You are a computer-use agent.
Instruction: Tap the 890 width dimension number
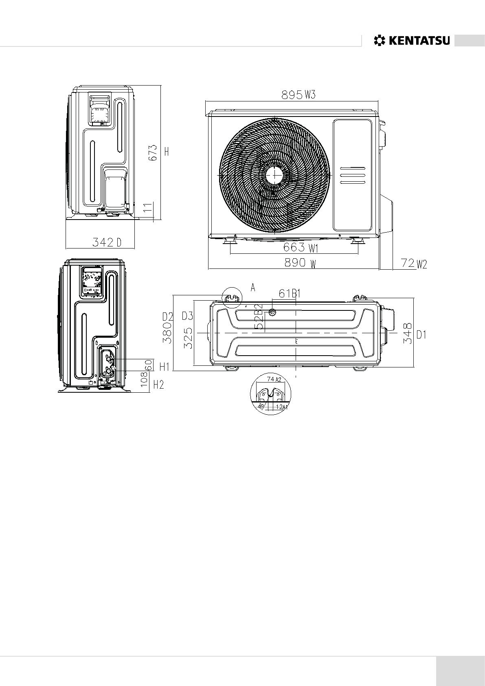click(x=295, y=263)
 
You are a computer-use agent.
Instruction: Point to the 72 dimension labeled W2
click(x=408, y=264)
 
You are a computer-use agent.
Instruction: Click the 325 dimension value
click(x=188, y=339)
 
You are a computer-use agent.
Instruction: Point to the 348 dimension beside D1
click(x=408, y=334)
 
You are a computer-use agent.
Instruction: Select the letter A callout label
click(x=253, y=288)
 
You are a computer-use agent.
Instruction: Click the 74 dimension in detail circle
click(x=270, y=379)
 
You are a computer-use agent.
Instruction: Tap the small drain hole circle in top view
click(x=272, y=312)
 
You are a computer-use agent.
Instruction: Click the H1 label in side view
click(x=164, y=367)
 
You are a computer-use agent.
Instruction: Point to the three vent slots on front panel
click(x=353, y=175)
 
